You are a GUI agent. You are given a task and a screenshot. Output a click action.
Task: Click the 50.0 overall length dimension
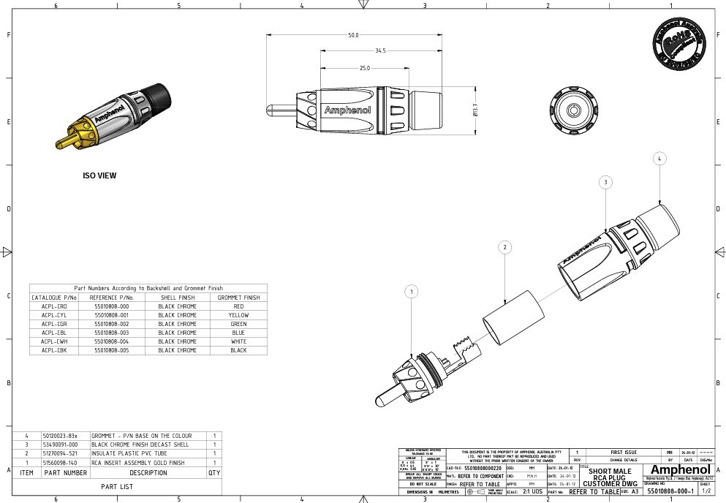(353, 35)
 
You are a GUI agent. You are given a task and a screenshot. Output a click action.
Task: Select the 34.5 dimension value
(379, 50)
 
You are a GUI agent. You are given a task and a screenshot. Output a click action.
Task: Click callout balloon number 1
(413, 292)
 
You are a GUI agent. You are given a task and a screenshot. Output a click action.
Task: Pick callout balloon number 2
(505, 248)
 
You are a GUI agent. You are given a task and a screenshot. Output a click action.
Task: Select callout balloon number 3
(605, 181)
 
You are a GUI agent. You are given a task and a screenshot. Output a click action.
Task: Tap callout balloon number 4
(659, 158)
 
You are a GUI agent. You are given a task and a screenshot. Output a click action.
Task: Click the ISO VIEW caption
(99, 176)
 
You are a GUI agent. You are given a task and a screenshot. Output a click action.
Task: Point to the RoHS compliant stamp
(678, 42)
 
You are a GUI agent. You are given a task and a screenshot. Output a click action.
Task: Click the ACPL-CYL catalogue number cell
(54, 315)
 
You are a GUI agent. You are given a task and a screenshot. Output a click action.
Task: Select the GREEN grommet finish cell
(238, 324)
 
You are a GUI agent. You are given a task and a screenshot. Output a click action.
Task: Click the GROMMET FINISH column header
(238, 298)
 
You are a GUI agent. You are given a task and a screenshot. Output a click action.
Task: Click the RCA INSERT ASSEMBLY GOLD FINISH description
(137, 463)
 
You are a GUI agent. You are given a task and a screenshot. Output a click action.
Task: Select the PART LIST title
(116, 486)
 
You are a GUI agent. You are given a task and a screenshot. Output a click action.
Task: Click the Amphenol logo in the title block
(679, 469)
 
